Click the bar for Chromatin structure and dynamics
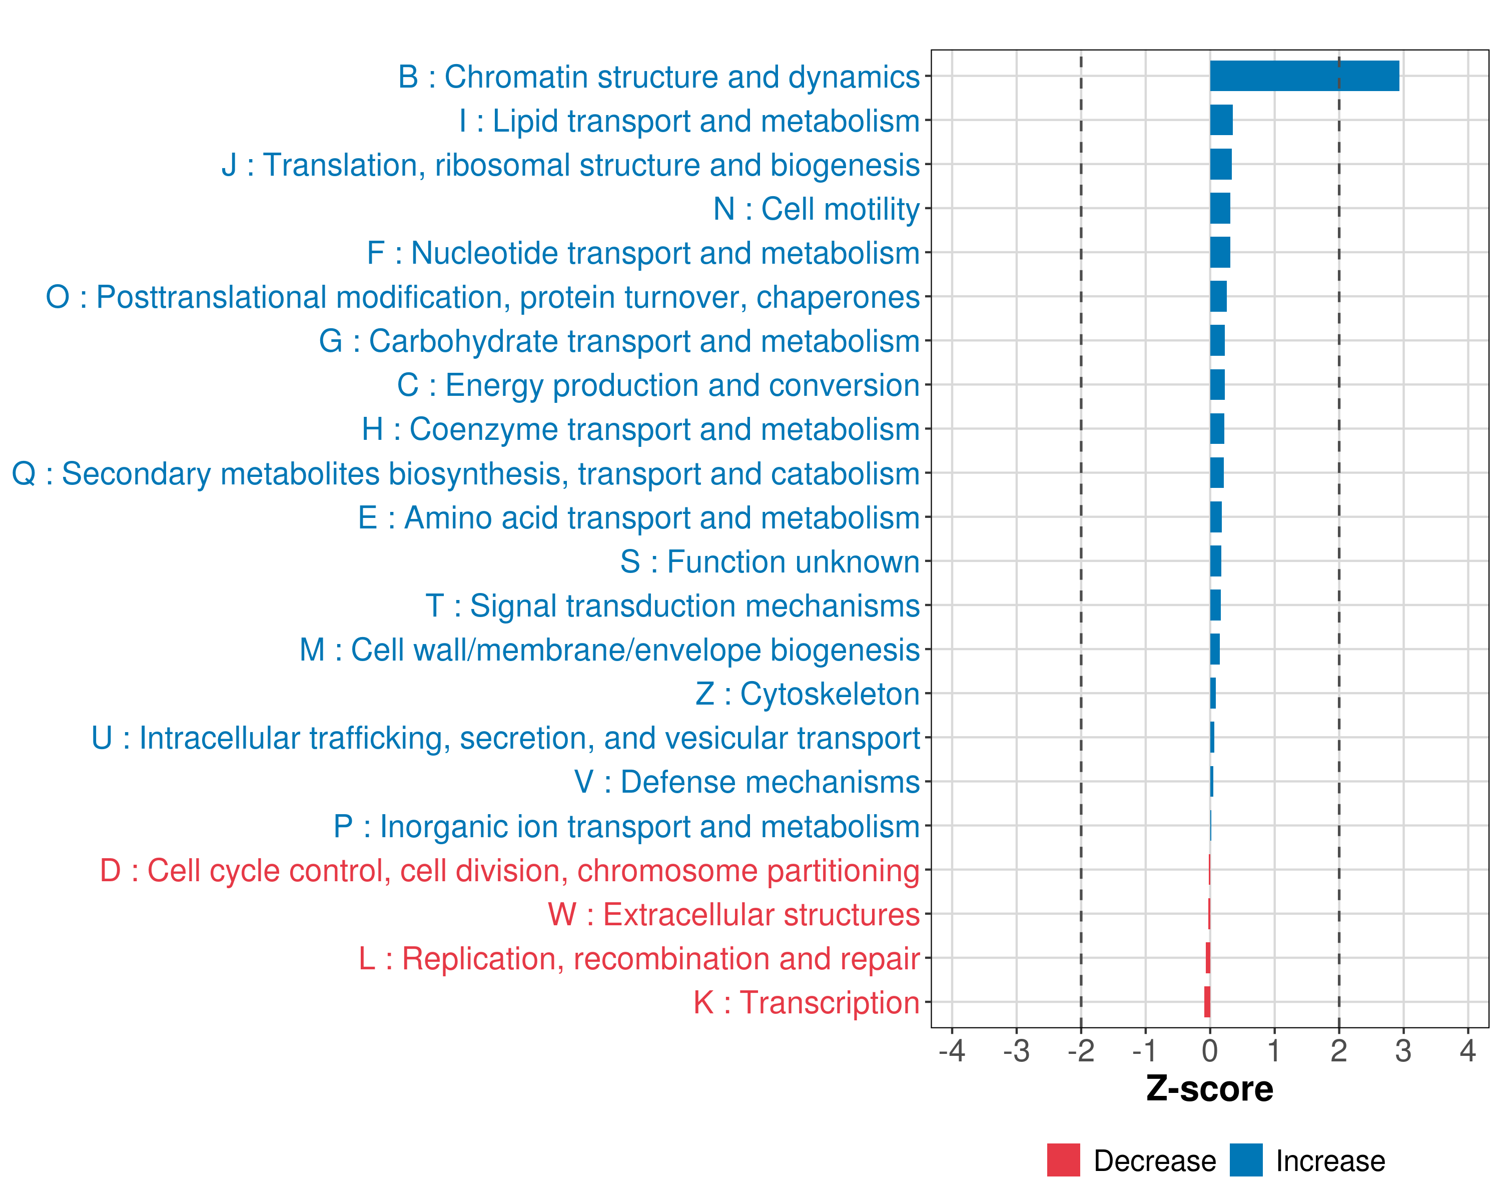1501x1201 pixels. pyautogui.click(x=1304, y=76)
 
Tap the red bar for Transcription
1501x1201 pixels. pyautogui.click(x=1207, y=1002)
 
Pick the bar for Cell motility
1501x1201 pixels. pyautogui.click(x=1220, y=208)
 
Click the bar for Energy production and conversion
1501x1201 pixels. pyautogui.click(x=1217, y=384)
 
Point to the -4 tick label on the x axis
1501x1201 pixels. pyautogui.click(x=952, y=1050)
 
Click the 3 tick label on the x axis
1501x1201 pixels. pyautogui.click(x=1403, y=1050)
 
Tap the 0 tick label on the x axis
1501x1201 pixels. pyautogui.click(x=1210, y=1050)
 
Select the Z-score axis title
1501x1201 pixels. pyautogui.click(x=1209, y=1089)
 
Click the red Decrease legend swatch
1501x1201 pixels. pyautogui.click(x=1063, y=1160)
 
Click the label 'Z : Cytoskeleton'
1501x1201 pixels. pyautogui.click(x=808, y=694)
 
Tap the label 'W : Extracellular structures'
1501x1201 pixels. pyautogui.click(x=734, y=915)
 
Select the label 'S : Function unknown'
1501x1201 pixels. pyautogui.click(x=770, y=562)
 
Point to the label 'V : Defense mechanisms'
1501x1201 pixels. pyautogui.click(x=747, y=782)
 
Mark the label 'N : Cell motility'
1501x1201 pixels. pyautogui.click(x=817, y=209)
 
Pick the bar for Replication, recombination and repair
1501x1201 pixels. pyautogui.click(x=1208, y=957)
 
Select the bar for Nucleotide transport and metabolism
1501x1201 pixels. pyautogui.click(x=1220, y=252)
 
